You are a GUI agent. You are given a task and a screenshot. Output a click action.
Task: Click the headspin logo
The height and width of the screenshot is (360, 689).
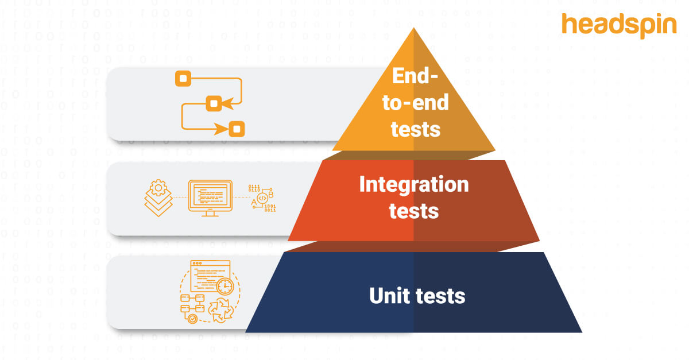tap(619, 26)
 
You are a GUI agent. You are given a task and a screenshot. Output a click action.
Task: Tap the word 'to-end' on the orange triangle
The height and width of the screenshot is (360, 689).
tap(415, 103)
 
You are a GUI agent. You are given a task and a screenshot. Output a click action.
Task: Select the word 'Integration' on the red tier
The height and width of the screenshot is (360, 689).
tap(413, 185)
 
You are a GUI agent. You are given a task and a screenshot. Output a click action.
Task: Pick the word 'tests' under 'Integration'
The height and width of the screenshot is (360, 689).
tap(413, 211)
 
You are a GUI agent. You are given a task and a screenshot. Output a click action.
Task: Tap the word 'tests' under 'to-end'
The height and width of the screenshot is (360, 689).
tap(415, 129)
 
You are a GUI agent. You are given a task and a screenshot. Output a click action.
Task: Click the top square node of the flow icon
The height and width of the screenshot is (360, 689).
tap(183, 78)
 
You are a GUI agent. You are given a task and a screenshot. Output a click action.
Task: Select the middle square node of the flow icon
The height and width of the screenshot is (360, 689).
tap(214, 103)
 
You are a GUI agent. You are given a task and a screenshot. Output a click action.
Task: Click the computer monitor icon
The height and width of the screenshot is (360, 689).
tap(210, 198)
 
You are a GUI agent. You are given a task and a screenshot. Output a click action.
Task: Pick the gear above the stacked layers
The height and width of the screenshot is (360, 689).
tap(158, 188)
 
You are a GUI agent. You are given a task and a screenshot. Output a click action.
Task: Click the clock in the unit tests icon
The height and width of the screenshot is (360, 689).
tap(224, 287)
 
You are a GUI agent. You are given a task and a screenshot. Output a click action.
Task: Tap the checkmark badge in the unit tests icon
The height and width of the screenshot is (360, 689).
tap(192, 318)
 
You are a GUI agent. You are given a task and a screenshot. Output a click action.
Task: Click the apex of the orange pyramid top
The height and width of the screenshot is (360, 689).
tap(413, 29)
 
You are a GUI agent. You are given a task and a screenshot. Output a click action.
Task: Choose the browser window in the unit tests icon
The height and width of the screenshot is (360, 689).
tap(210, 276)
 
